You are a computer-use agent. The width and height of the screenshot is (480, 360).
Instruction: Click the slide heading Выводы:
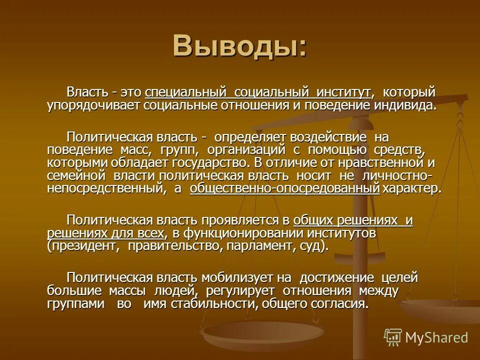point(239,46)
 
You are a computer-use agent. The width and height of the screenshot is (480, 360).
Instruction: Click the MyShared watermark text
point(436,337)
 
